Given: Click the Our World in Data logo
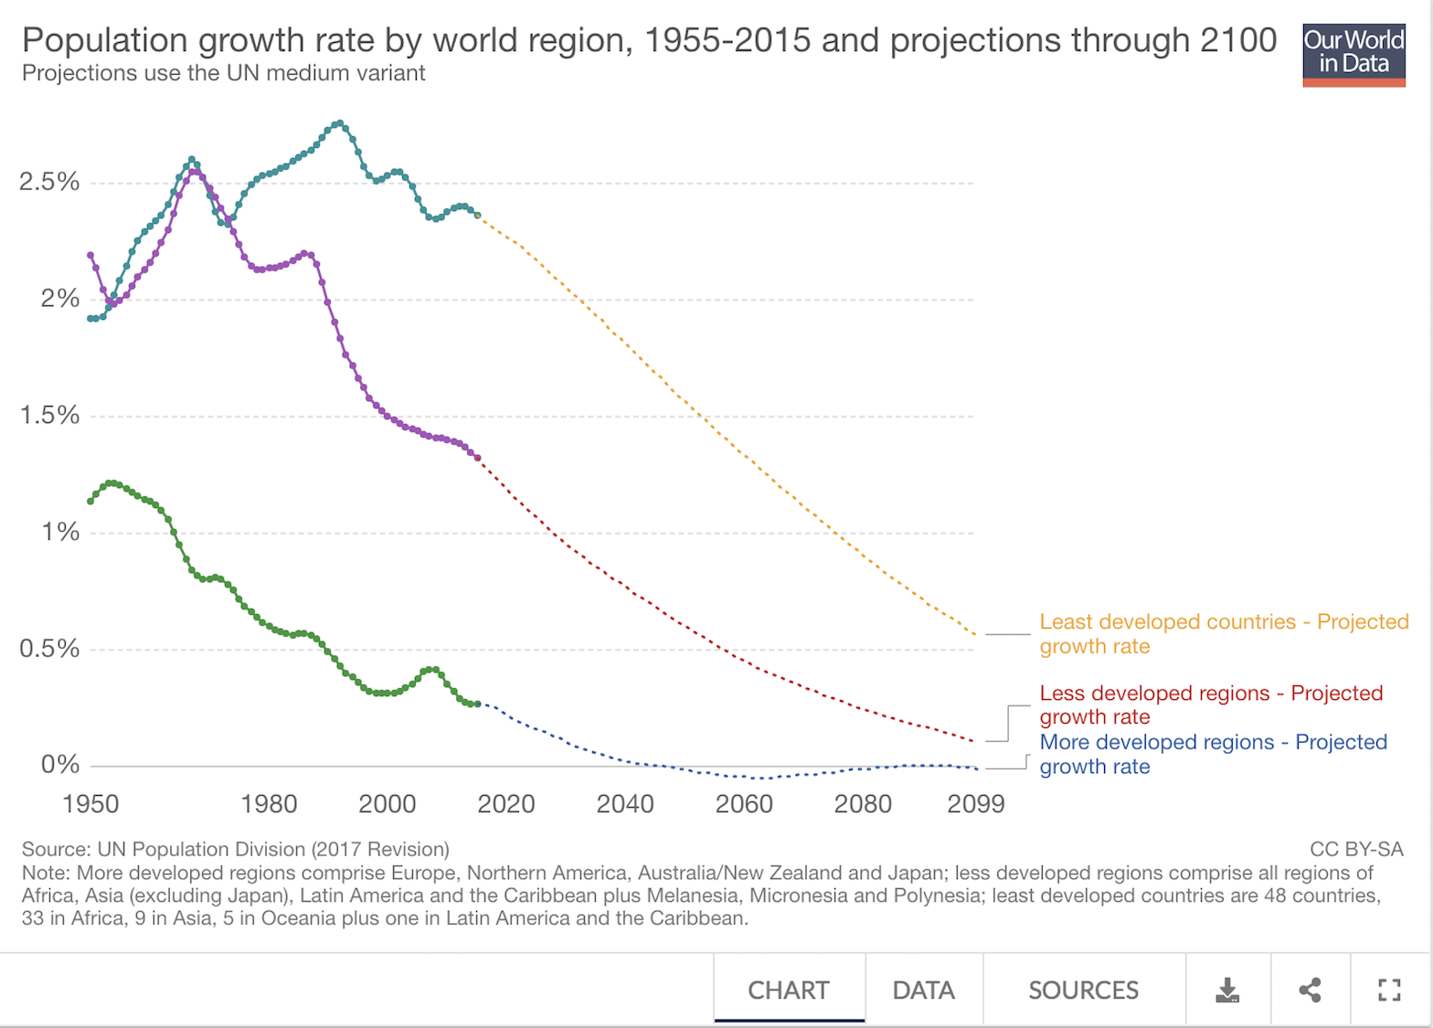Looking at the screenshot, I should pyautogui.click(x=1353, y=55).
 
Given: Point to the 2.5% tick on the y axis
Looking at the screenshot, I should pyautogui.click(x=49, y=182).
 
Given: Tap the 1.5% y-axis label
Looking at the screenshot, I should pyautogui.click(x=49, y=416).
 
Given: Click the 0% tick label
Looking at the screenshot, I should pyautogui.click(x=60, y=765).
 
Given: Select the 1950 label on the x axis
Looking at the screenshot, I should pyautogui.click(x=90, y=804).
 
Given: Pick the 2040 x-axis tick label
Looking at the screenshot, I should pyautogui.click(x=625, y=804).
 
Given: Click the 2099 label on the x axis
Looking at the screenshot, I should pyautogui.click(x=976, y=804).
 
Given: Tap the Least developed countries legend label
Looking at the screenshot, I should pyautogui.click(x=1223, y=634).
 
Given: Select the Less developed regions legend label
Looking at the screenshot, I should pyautogui.click(x=1210, y=705).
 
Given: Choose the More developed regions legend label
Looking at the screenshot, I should pyautogui.click(x=1213, y=754).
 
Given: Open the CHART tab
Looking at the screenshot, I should pyautogui.click(x=789, y=991).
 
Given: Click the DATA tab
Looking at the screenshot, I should pyautogui.click(x=923, y=991).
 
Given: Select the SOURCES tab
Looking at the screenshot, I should pyautogui.click(x=1083, y=991).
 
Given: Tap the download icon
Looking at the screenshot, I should pyautogui.click(x=1227, y=990).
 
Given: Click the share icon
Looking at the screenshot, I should pyautogui.click(x=1310, y=990).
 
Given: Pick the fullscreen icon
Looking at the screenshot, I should pyautogui.click(x=1389, y=990).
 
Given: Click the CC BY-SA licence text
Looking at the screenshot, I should pyautogui.click(x=1356, y=849).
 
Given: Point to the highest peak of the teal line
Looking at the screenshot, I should pyautogui.click(x=340, y=122).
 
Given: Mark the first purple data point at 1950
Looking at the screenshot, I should pyautogui.click(x=90, y=255).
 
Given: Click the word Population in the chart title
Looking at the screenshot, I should pyautogui.click(x=105, y=40).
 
